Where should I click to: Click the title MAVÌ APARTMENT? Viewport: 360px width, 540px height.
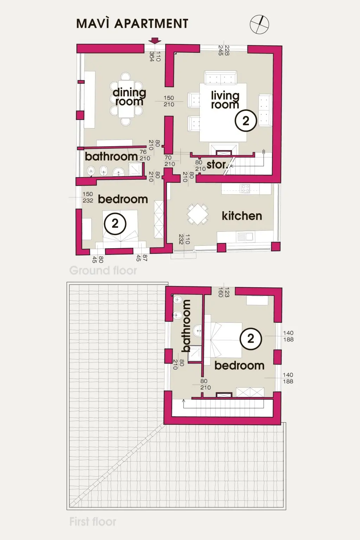(132, 24)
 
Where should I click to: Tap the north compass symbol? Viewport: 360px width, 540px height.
(259, 24)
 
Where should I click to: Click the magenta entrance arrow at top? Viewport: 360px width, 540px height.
(154, 40)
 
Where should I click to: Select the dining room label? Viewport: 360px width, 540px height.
(129, 97)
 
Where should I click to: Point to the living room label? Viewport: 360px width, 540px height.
(225, 100)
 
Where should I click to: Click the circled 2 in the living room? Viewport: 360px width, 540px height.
(246, 121)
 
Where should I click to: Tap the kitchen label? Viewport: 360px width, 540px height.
(242, 216)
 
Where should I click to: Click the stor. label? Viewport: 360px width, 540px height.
(217, 165)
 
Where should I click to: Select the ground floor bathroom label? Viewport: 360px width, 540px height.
(111, 157)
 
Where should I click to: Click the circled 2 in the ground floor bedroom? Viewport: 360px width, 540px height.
(115, 224)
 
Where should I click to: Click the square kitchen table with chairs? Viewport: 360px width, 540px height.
(198, 214)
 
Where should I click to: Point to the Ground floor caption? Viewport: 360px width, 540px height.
(103, 270)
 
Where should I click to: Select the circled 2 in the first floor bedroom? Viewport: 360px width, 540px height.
(251, 339)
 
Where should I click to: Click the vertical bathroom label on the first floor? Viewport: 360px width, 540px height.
(186, 326)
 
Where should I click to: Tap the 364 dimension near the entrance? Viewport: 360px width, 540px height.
(152, 56)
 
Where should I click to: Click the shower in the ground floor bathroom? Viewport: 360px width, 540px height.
(135, 169)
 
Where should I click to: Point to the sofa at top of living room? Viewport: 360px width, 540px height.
(220, 78)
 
